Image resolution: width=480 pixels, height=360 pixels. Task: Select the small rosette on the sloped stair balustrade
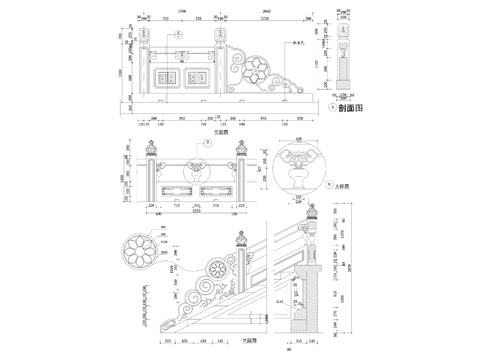tap(216, 270)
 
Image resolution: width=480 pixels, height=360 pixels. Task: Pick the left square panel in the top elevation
tap(166, 76)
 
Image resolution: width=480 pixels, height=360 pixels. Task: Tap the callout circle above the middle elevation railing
tap(206, 143)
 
